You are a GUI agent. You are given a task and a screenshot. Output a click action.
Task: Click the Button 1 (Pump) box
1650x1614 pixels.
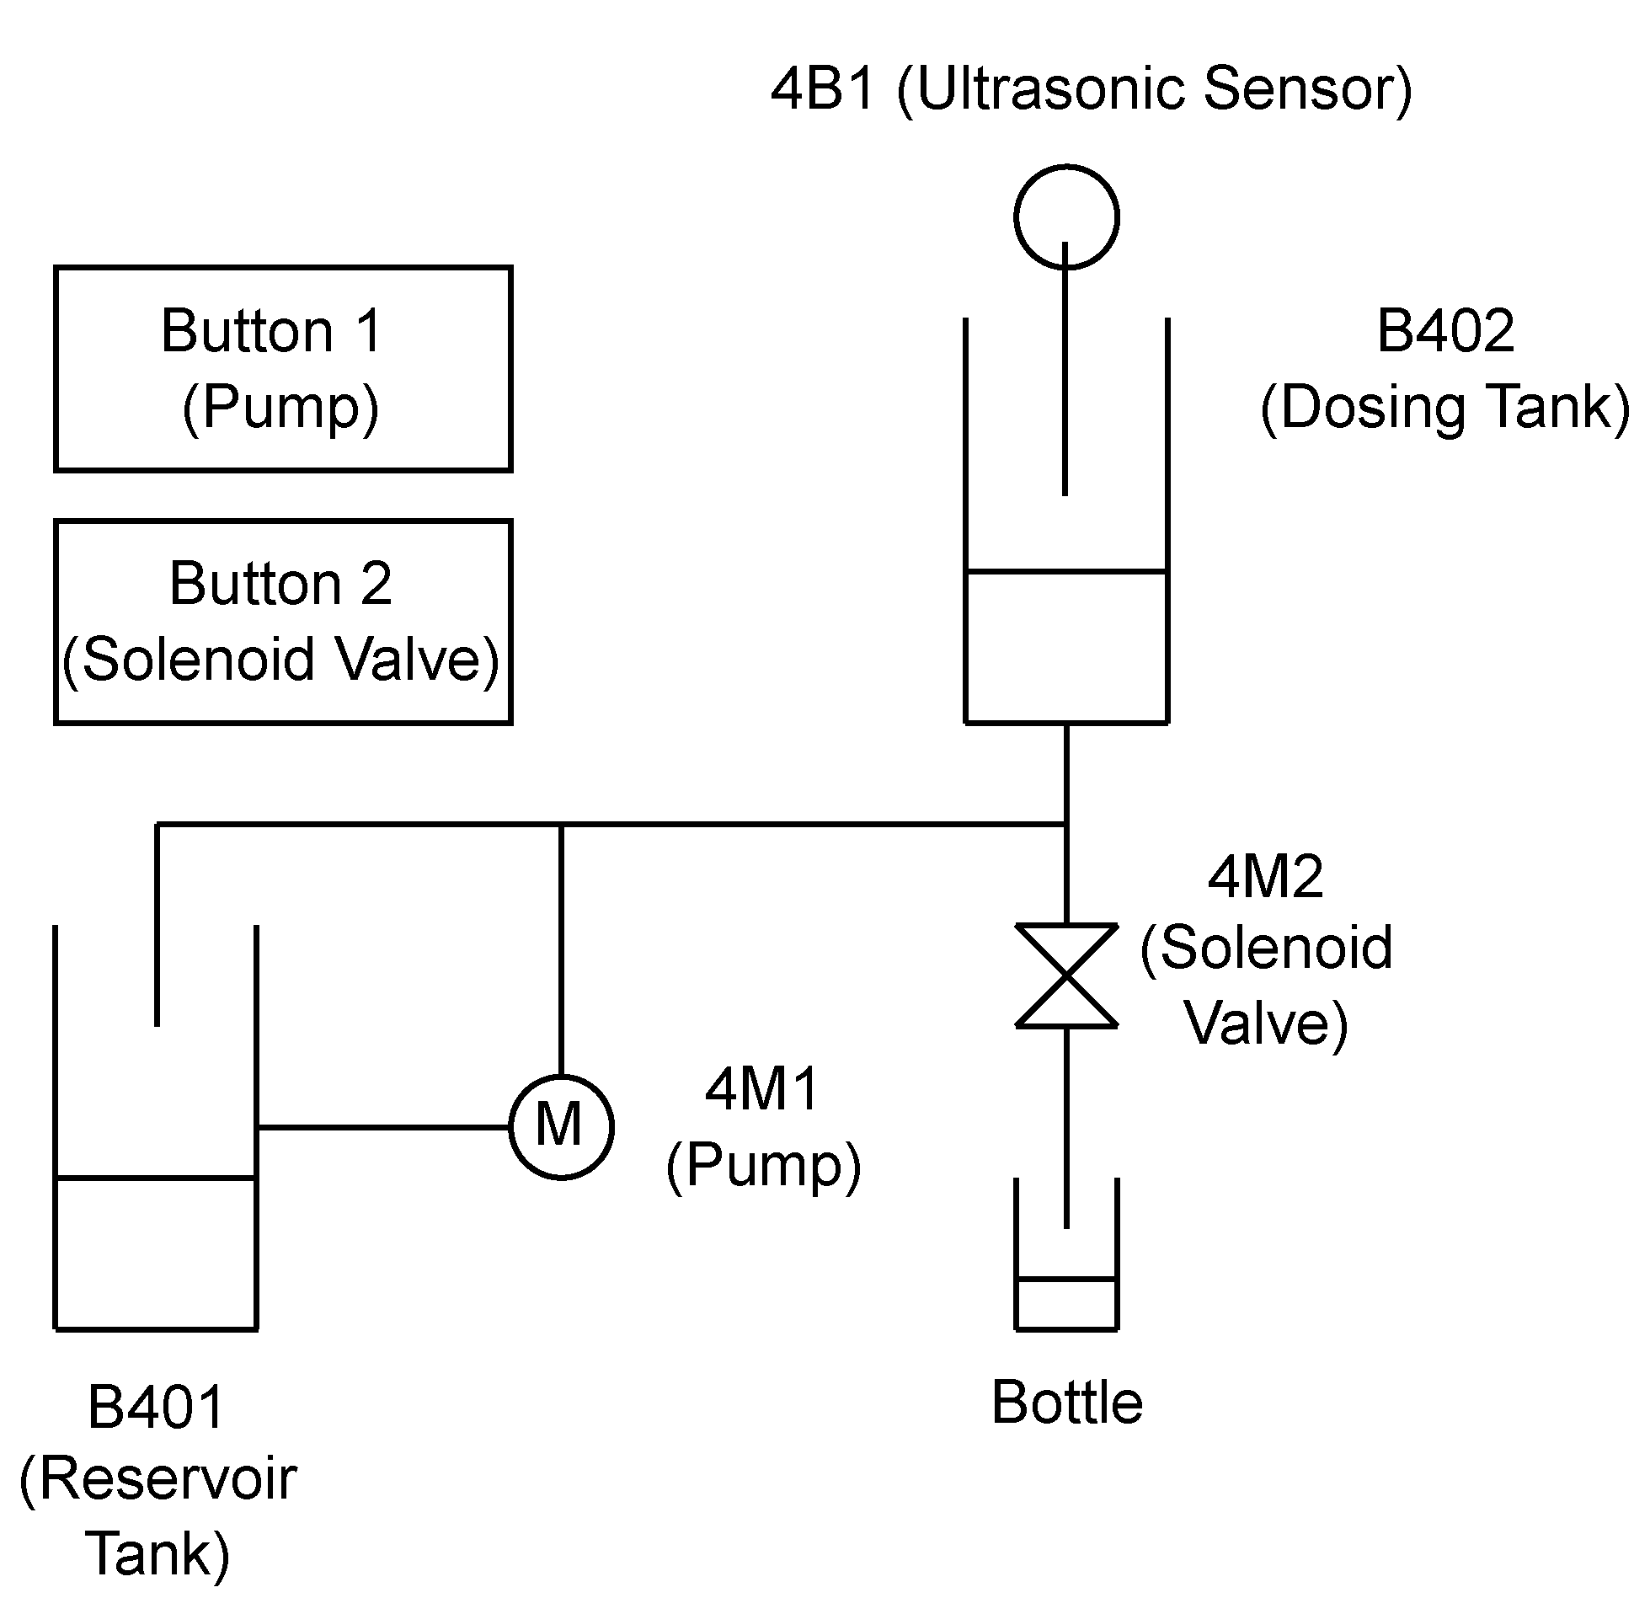(283, 369)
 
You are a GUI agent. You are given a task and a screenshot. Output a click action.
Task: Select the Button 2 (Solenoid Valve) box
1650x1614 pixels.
(283, 623)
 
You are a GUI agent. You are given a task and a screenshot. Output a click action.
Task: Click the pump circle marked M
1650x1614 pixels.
(560, 1126)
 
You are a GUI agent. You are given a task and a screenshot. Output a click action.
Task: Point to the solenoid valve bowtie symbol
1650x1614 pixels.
(1066, 975)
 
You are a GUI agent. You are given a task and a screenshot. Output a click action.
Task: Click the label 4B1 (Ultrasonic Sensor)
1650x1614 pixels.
(1092, 89)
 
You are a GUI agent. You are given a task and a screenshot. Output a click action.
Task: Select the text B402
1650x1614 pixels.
(1445, 330)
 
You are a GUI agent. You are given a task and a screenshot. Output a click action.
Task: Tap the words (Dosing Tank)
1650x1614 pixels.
(1445, 408)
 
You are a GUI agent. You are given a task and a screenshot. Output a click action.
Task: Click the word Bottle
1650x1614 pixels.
(1066, 1402)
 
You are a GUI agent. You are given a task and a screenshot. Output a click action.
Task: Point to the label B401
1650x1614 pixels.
(156, 1407)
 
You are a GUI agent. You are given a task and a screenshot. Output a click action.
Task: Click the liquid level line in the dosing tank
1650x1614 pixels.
(1066, 571)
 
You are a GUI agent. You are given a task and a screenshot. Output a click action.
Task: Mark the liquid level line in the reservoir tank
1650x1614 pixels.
(156, 1178)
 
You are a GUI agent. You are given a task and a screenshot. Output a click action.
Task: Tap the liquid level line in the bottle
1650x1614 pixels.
(1066, 1279)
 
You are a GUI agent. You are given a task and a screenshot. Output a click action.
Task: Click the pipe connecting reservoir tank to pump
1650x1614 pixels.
(382, 1126)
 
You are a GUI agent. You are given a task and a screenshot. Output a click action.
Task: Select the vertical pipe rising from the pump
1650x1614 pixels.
(560, 949)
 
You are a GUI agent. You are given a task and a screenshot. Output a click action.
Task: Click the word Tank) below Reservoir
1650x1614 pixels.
(158, 1554)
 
